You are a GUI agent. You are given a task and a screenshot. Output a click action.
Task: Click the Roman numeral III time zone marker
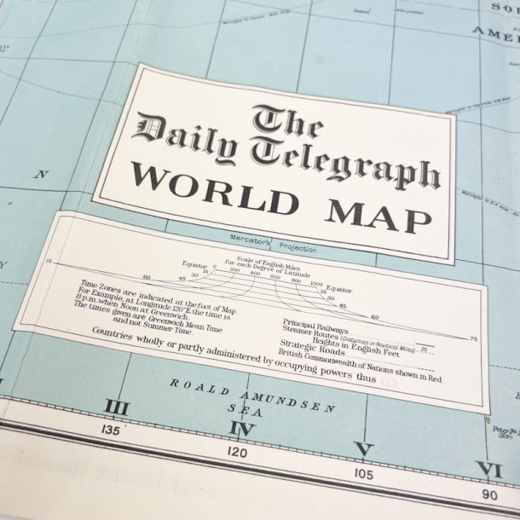[116, 409]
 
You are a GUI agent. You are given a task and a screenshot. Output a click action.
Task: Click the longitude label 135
[110, 430]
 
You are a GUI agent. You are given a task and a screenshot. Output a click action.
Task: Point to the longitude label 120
[238, 451]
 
